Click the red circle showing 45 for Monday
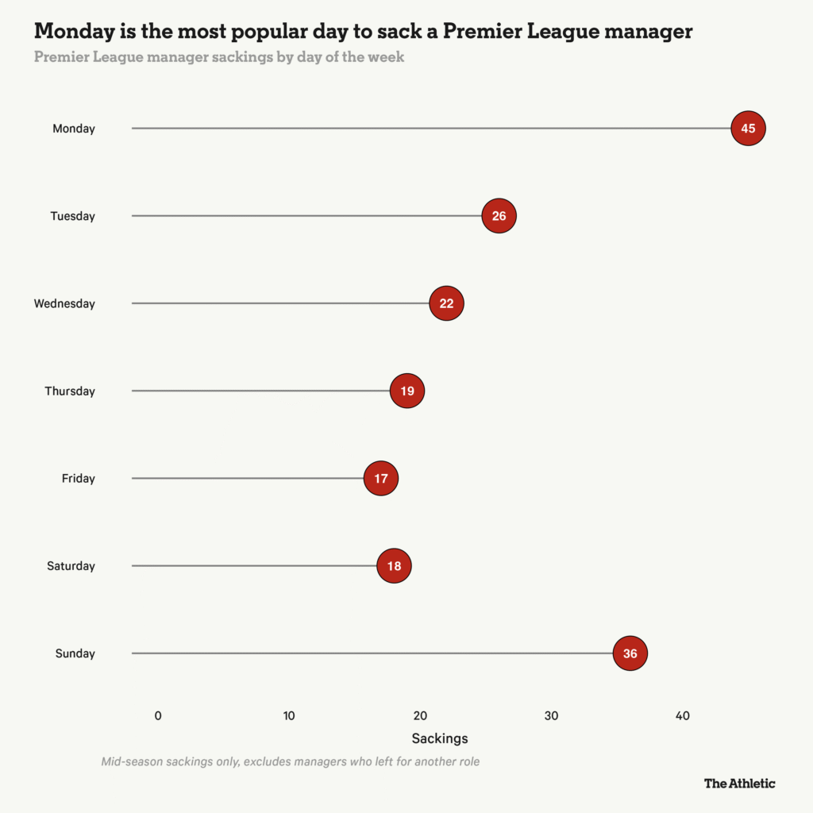point(748,129)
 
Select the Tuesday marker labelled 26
point(499,216)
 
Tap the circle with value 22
point(446,303)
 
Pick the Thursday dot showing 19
point(407,391)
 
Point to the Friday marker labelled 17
point(381,479)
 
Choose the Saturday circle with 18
point(394,566)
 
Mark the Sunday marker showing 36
point(630,653)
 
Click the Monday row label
point(74,129)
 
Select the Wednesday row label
point(64,303)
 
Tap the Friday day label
point(79,479)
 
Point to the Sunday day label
point(75,653)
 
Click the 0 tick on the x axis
point(158,715)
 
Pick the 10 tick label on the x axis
point(289,715)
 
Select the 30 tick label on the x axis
point(551,715)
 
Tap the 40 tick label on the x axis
point(682,715)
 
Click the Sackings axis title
point(440,738)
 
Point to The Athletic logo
point(739,784)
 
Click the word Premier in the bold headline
point(479,32)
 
